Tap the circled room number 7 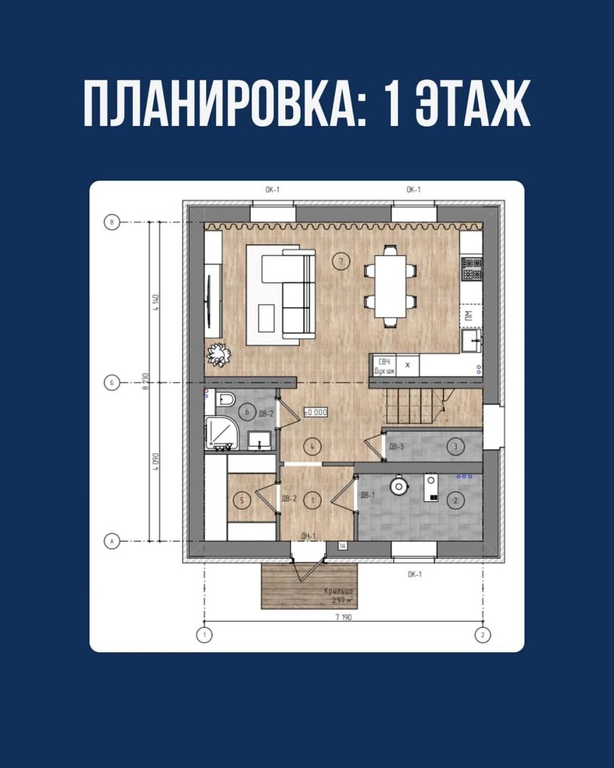(342, 260)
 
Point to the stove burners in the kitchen (472, 268)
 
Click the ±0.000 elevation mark (316, 413)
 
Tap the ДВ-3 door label (397, 446)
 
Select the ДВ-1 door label (367, 495)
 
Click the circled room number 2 (455, 501)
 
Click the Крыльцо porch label (338, 591)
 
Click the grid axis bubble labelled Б (112, 383)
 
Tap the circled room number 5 (241, 499)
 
